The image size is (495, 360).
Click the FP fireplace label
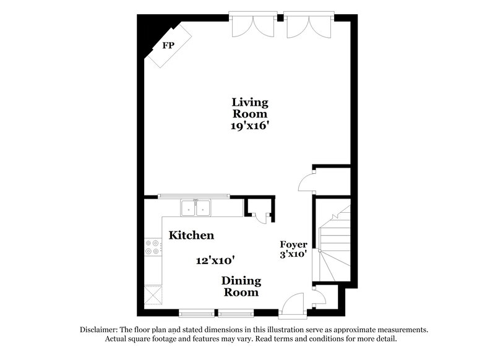167,46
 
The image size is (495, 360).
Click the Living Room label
250,108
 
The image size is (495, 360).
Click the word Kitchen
192,236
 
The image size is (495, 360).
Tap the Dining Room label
241,286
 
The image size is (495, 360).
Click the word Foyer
294,244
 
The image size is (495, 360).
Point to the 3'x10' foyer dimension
293,254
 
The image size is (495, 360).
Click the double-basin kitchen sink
196,208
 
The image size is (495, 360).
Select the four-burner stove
152,247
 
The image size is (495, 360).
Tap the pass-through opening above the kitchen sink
194,196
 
